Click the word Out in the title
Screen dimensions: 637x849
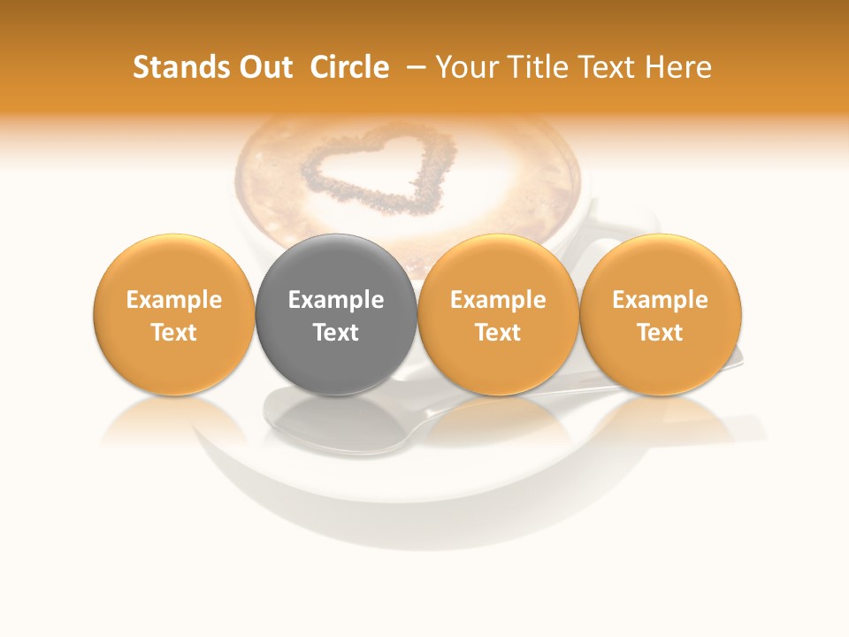(x=263, y=67)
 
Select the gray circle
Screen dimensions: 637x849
(x=336, y=314)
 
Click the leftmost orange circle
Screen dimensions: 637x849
(x=174, y=314)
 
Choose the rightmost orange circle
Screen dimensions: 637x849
(x=661, y=314)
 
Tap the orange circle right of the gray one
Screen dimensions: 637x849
(x=498, y=314)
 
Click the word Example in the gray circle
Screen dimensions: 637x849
(x=336, y=300)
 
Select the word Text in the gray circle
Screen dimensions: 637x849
(x=336, y=333)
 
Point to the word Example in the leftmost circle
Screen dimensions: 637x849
(x=174, y=300)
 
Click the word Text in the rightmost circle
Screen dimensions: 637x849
(x=661, y=333)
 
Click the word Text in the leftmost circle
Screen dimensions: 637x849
(x=174, y=333)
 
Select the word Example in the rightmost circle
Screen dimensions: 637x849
(x=661, y=300)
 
